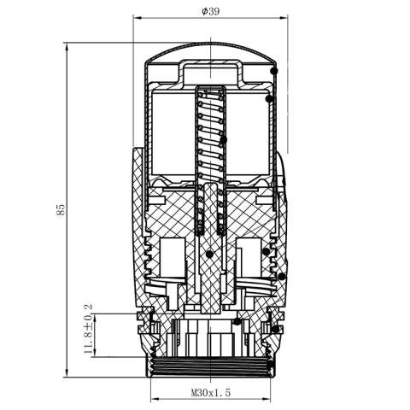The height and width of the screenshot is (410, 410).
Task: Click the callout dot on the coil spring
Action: click(x=223, y=139)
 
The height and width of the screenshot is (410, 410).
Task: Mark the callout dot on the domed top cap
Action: click(x=273, y=70)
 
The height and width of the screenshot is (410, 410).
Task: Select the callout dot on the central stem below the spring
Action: click(x=209, y=253)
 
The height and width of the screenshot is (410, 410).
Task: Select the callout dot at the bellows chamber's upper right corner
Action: click(x=269, y=99)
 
